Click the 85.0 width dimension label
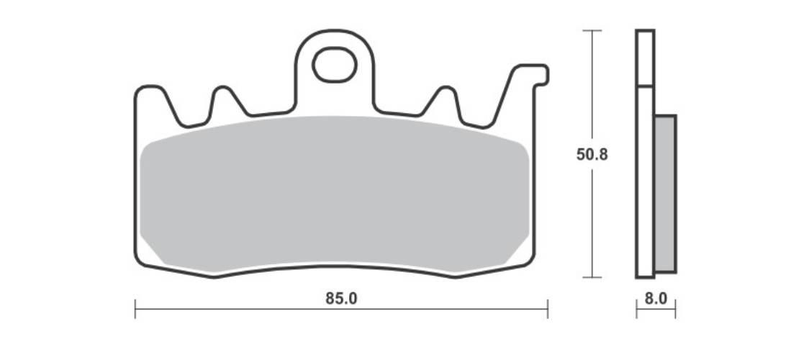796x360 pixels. tap(341, 299)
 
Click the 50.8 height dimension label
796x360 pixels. tap(592, 154)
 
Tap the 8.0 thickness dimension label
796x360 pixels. tap(656, 299)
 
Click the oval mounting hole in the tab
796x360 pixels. tap(335, 65)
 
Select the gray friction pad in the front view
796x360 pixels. tap(335, 194)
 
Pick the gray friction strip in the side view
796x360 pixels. tap(666, 194)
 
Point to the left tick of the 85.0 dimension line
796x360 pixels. tap(135, 309)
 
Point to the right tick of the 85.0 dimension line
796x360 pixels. tap(548, 309)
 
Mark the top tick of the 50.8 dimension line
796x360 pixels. tap(592, 30)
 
